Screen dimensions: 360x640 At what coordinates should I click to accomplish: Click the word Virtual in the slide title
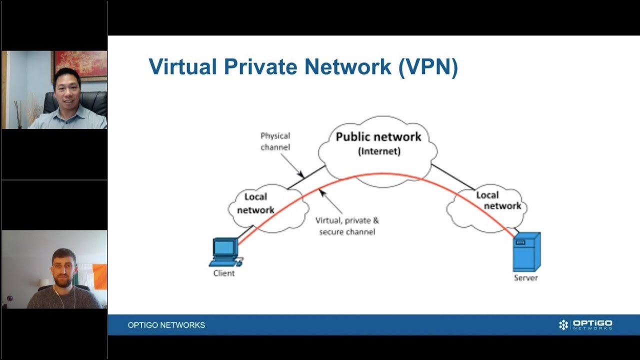(183, 66)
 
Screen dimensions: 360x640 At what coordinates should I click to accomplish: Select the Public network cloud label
(378, 136)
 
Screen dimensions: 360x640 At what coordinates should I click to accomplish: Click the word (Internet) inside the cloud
(379, 151)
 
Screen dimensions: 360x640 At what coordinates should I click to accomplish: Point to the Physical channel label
(275, 141)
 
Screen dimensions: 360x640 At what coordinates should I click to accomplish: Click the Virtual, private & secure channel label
(347, 226)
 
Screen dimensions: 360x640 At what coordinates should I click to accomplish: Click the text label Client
(223, 273)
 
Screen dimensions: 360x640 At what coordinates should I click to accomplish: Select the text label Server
(525, 277)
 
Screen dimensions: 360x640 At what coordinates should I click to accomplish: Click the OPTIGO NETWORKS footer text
(166, 325)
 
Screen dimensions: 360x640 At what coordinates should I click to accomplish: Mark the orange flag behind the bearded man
(99, 276)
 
